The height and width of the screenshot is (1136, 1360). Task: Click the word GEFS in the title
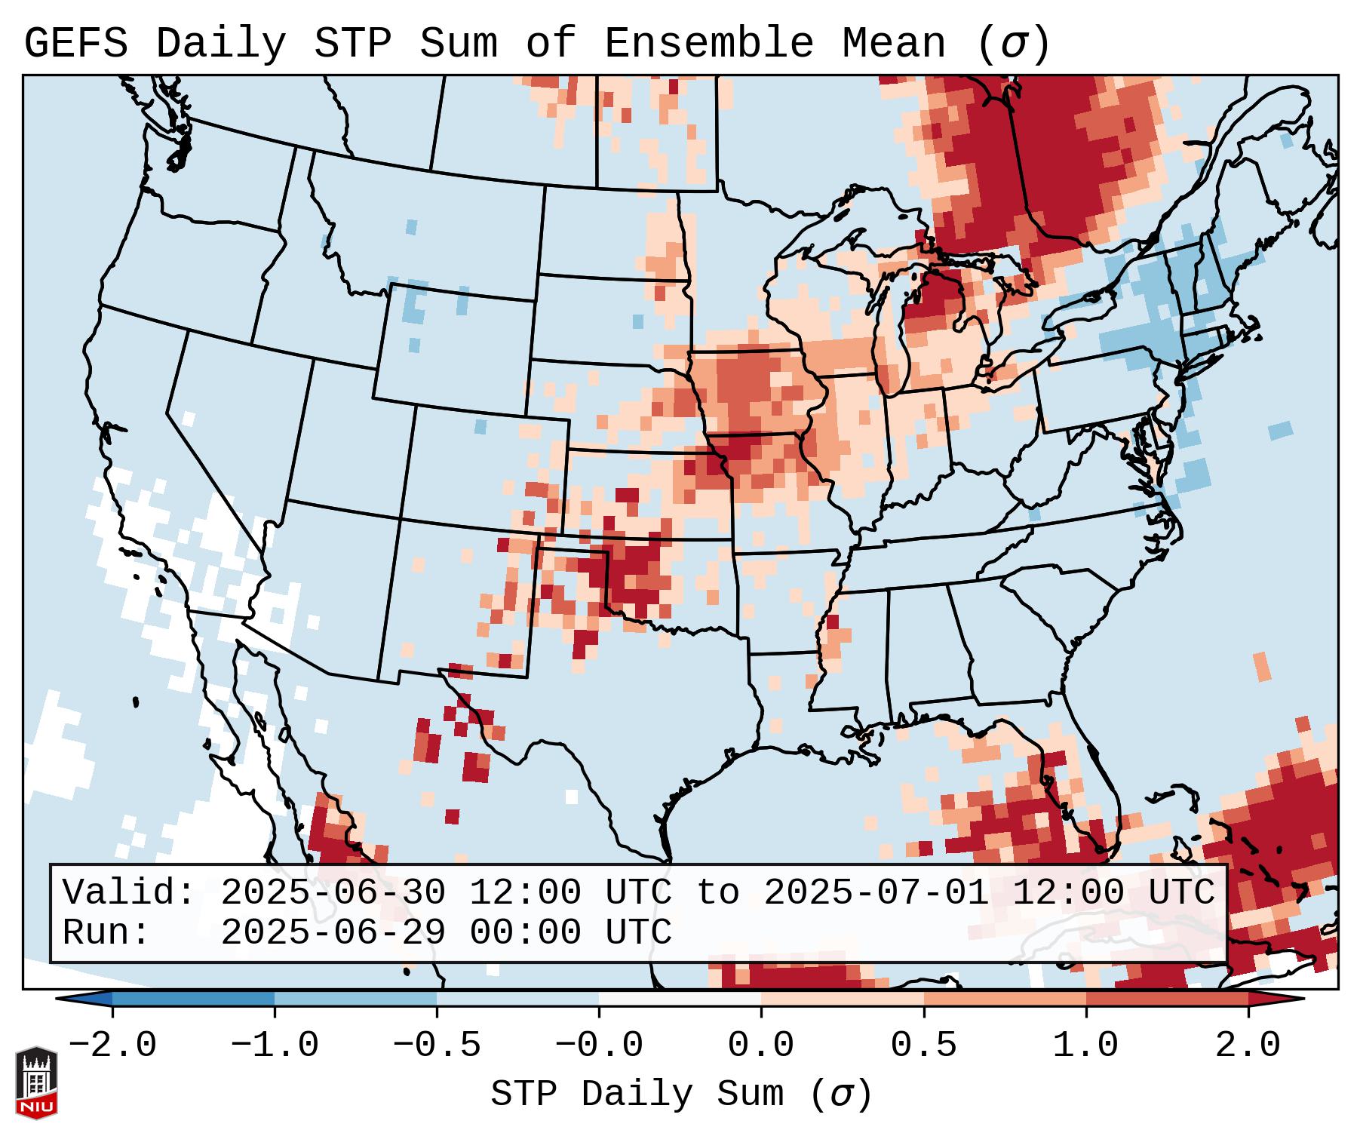coord(75,44)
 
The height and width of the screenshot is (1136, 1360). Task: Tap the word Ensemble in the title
coord(708,44)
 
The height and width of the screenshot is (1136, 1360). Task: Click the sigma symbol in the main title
coord(1013,44)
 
